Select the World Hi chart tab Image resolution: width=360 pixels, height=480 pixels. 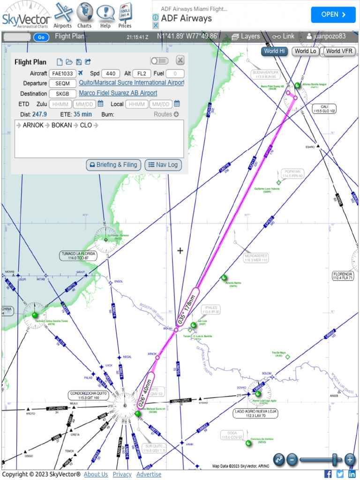pyautogui.click(x=274, y=51)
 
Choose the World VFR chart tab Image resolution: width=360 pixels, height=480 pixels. pyautogui.click(x=340, y=51)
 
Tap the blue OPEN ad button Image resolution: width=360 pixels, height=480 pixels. pyautogui.click(x=333, y=15)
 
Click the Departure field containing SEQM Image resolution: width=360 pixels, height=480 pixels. pyautogui.click(x=62, y=83)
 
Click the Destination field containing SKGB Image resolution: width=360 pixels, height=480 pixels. pyautogui.click(x=62, y=93)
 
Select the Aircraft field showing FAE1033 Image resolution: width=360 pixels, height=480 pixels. pyautogui.click(x=62, y=73)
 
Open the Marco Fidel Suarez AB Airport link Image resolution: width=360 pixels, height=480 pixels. pyautogui.click(x=118, y=93)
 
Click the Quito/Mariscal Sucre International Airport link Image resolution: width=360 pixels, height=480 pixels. pyautogui.click(x=131, y=83)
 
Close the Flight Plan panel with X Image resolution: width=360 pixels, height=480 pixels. pyautogui.click(x=180, y=60)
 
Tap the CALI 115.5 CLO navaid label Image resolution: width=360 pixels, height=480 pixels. pyautogui.click(x=325, y=109)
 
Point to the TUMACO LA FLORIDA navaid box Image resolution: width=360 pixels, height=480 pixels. pyautogui.click(x=78, y=255)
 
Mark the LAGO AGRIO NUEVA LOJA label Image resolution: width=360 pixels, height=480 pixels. pyautogui.click(x=256, y=413)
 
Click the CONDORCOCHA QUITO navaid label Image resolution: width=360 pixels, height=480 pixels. pyautogui.click(x=89, y=395)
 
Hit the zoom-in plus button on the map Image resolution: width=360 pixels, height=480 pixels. pyautogui.click(x=350, y=459)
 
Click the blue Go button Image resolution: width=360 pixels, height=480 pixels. pyautogui.click(x=41, y=37)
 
